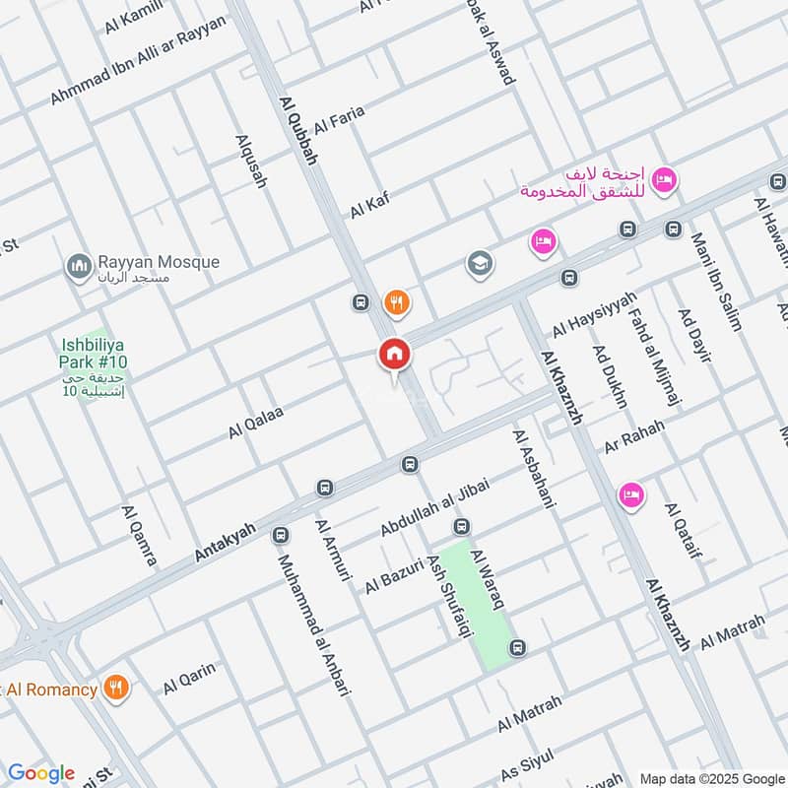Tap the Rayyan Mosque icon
coord(78,266)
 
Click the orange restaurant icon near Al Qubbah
coord(397,302)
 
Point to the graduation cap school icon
coord(481,264)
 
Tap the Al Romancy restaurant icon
coord(117,689)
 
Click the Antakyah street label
coord(225,543)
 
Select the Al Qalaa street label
coord(256,423)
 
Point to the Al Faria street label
coord(339,121)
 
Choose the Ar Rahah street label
coord(635,436)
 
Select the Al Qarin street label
coord(189,676)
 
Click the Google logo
coord(40,773)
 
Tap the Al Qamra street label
coord(139,536)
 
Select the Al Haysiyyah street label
coord(594,313)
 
